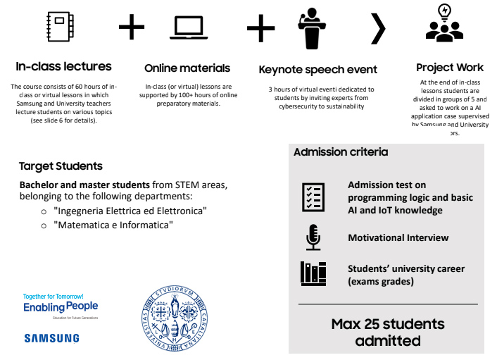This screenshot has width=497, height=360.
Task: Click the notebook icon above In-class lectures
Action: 58,27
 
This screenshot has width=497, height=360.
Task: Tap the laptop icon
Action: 188,27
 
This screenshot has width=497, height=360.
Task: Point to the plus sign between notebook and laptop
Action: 131,27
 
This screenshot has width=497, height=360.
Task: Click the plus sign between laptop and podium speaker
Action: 260,28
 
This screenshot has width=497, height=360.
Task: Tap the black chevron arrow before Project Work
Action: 378,29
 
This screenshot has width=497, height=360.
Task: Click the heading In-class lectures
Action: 63,67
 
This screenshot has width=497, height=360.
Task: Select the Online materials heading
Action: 187,68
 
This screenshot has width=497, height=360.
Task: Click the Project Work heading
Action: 449,68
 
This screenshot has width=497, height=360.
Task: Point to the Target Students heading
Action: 61,166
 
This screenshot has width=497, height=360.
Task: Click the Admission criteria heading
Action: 341,152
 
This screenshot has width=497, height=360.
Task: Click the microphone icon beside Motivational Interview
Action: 313,237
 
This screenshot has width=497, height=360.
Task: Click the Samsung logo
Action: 51,337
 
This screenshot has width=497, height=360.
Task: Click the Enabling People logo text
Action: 61,306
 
